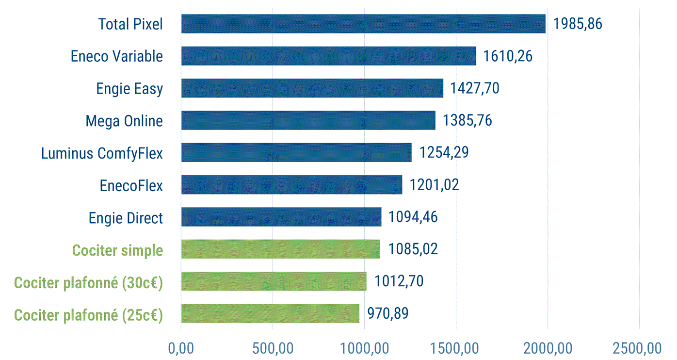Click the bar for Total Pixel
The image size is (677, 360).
[x=363, y=24]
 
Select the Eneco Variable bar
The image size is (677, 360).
[x=328, y=56]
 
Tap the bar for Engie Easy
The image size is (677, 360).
[x=312, y=88]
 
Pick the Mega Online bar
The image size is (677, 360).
[x=308, y=120]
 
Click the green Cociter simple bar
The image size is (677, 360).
[x=280, y=249]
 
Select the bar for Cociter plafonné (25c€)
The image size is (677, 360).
[x=270, y=313]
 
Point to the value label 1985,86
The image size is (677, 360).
[x=578, y=24]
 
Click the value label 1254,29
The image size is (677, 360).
[x=444, y=153]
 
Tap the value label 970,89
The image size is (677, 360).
[x=387, y=313]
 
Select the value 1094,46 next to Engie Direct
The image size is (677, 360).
[x=413, y=217]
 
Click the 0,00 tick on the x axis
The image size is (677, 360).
[x=181, y=348]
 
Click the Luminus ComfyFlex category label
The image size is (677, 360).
[x=102, y=153]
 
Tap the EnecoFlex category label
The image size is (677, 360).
[x=131, y=185]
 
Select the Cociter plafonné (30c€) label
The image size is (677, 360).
[x=88, y=282]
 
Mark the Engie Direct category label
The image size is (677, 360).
[x=126, y=218]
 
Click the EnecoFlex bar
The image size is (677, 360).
[x=291, y=185]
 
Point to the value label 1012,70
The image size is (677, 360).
[x=399, y=281]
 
